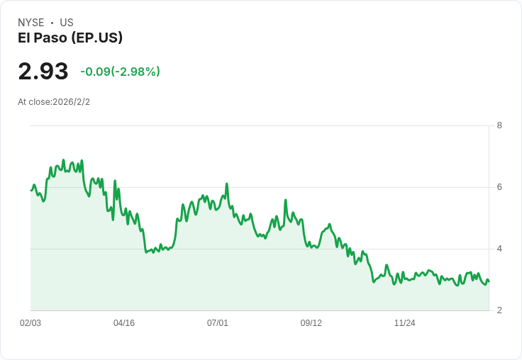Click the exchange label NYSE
pyautogui.click(x=30, y=23)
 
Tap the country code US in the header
pyautogui.click(x=67, y=23)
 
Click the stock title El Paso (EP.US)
pyautogui.click(x=70, y=38)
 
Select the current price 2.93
pyautogui.click(x=43, y=72)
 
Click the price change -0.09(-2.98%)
pyautogui.click(x=120, y=72)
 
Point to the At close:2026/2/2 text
pyautogui.click(x=54, y=102)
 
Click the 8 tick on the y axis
pyautogui.click(x=499, y=126)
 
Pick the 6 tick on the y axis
pyautogui.click(x=499, y=187)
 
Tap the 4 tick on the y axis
pyautogui.click(x=499, y=249)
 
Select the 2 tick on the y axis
pyautogui.click(x=499, y=310)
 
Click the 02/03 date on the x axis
pyautogui.click(x=30, y=323)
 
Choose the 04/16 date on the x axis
pyautogui.click(x=124, y=323)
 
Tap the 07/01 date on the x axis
pyautogui.click(x=218, y=323)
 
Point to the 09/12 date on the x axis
pyautogui.click(x=311, y=323)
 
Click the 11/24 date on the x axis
pyautogui.click(x=405, y=323)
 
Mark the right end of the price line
pyautogui.click(x=489, y=281)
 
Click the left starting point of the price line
pyautogui.click(x=31, y=190)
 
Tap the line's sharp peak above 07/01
pyautogui.click(x=227, y=184)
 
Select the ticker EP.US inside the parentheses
pyautogui.click(x=99, y=38)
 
